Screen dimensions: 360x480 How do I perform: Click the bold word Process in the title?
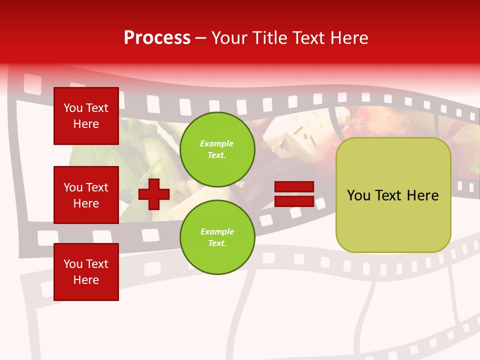coord(157,38)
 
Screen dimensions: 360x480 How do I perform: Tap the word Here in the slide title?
coord(348,38)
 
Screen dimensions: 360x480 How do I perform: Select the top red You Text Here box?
coord(86,116)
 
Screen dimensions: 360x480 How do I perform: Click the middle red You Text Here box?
coord(86,195)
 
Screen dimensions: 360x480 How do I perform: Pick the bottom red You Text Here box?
coord(86,271)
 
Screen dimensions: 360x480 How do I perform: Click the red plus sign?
coord(153,194)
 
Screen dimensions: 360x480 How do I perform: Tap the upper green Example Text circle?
coord(217,149)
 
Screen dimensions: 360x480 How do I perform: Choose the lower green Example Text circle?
coord(217,237)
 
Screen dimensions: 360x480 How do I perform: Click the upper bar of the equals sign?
coord(294,187)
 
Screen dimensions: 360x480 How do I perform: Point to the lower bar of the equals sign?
coord(294,201)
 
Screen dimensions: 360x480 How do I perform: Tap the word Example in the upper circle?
coord(217,144)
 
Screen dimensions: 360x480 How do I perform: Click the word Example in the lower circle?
coord(217,232)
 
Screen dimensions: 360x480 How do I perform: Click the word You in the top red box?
coord(73,108)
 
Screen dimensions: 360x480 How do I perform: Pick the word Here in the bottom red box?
coord(86,280)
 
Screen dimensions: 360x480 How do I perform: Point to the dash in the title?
coord(200,38)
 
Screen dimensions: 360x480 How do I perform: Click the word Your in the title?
coord(229,38)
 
